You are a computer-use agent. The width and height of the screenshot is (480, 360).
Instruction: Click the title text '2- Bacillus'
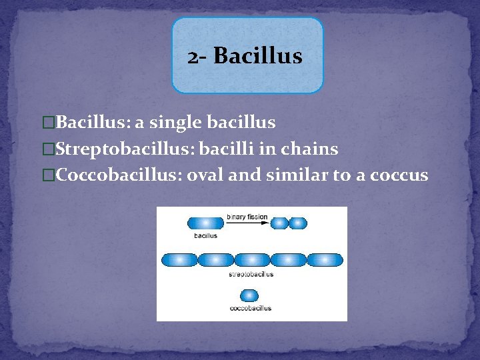tap(245, 56)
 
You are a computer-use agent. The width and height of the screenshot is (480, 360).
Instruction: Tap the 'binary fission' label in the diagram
tap(247, 216)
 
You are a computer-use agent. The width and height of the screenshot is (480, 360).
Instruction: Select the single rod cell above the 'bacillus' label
tap(205, 223)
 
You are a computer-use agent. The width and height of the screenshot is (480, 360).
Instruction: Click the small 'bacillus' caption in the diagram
tap(205, 235)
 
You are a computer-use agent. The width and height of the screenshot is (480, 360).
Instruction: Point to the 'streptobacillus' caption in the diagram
tap(251, 274)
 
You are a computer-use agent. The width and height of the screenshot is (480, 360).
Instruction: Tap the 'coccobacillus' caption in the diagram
tap(251, 308)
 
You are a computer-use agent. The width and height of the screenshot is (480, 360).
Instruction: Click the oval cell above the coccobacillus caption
tap(251, 295)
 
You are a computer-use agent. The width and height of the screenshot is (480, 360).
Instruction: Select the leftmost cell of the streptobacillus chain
tap(179, 260)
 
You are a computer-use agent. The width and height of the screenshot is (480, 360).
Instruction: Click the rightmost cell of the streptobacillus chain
tap(325, 260)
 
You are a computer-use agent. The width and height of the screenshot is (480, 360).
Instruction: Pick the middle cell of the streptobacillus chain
tap(251, 260)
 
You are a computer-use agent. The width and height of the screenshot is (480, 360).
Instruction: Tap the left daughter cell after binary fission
tap(279, 223)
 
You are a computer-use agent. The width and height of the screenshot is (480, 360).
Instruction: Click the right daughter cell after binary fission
tap(298, 223)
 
